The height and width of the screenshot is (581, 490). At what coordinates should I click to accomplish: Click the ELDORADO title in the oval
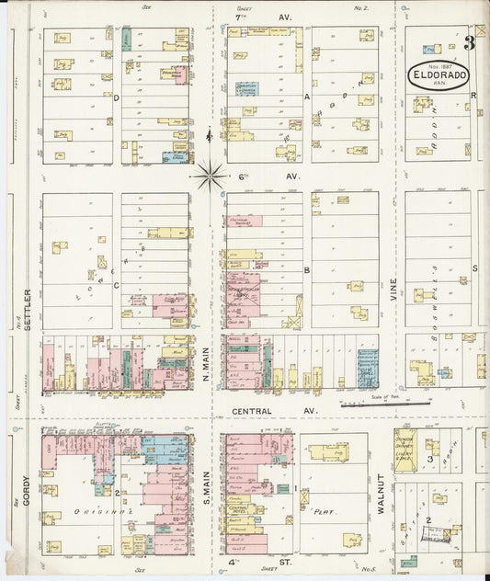(438, 77)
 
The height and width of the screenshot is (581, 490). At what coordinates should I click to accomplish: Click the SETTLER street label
(28, 311)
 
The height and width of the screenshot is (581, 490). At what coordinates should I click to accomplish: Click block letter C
(116, 286)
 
